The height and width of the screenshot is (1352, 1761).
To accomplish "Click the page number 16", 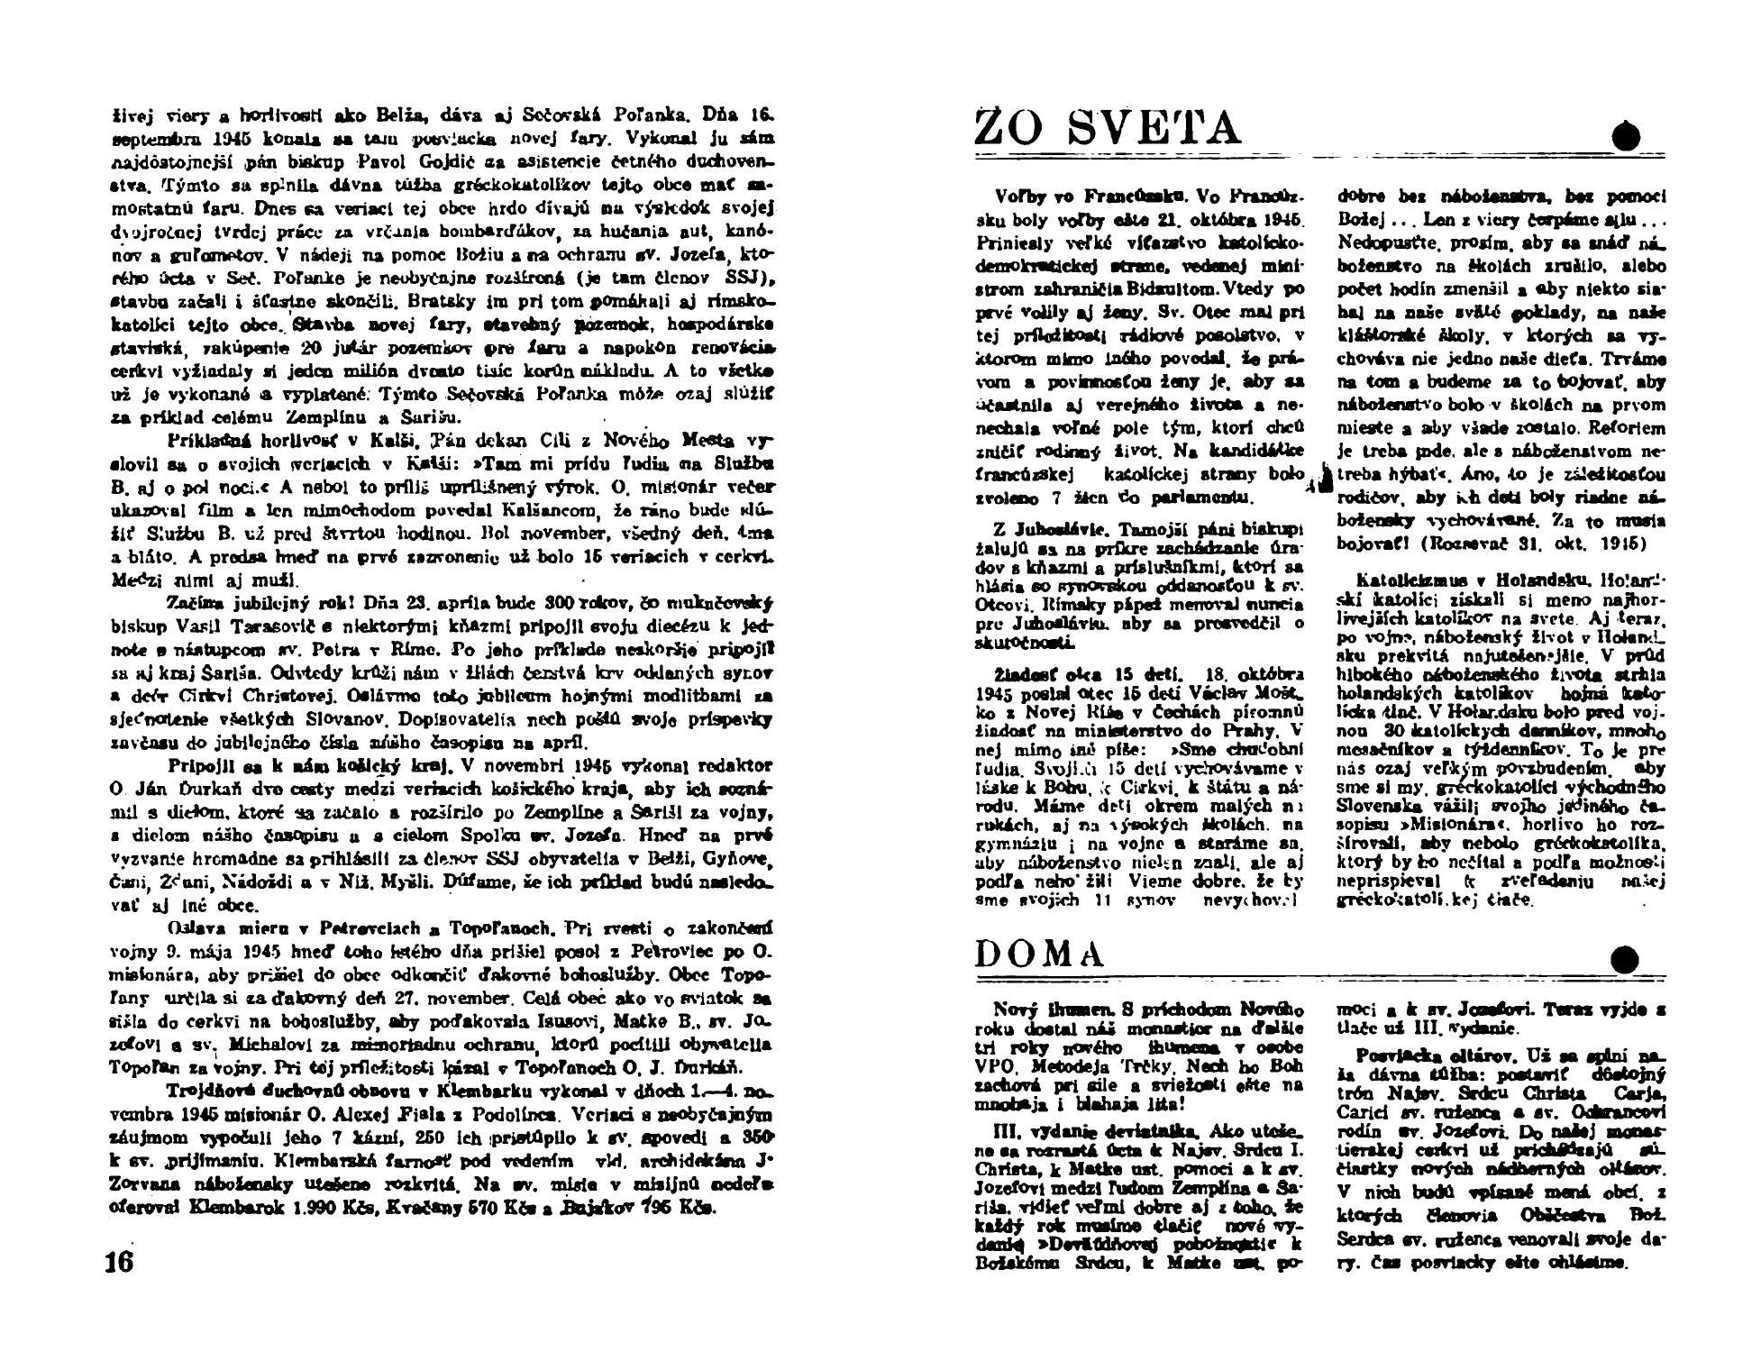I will coord(119,1260).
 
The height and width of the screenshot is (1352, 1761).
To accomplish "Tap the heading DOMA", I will coord(1040,954).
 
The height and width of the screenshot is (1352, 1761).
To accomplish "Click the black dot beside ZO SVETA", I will coord(1626,137).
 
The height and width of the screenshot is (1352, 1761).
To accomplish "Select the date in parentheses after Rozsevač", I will coord(1597,544).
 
